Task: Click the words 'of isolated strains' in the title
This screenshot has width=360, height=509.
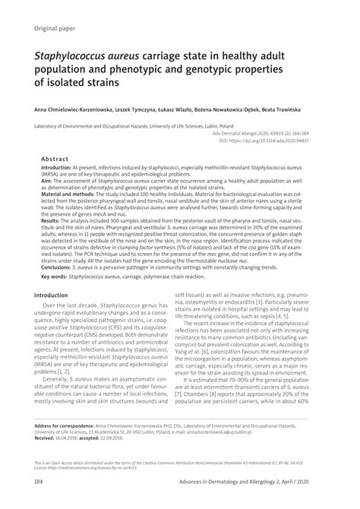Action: click(81, 83)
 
